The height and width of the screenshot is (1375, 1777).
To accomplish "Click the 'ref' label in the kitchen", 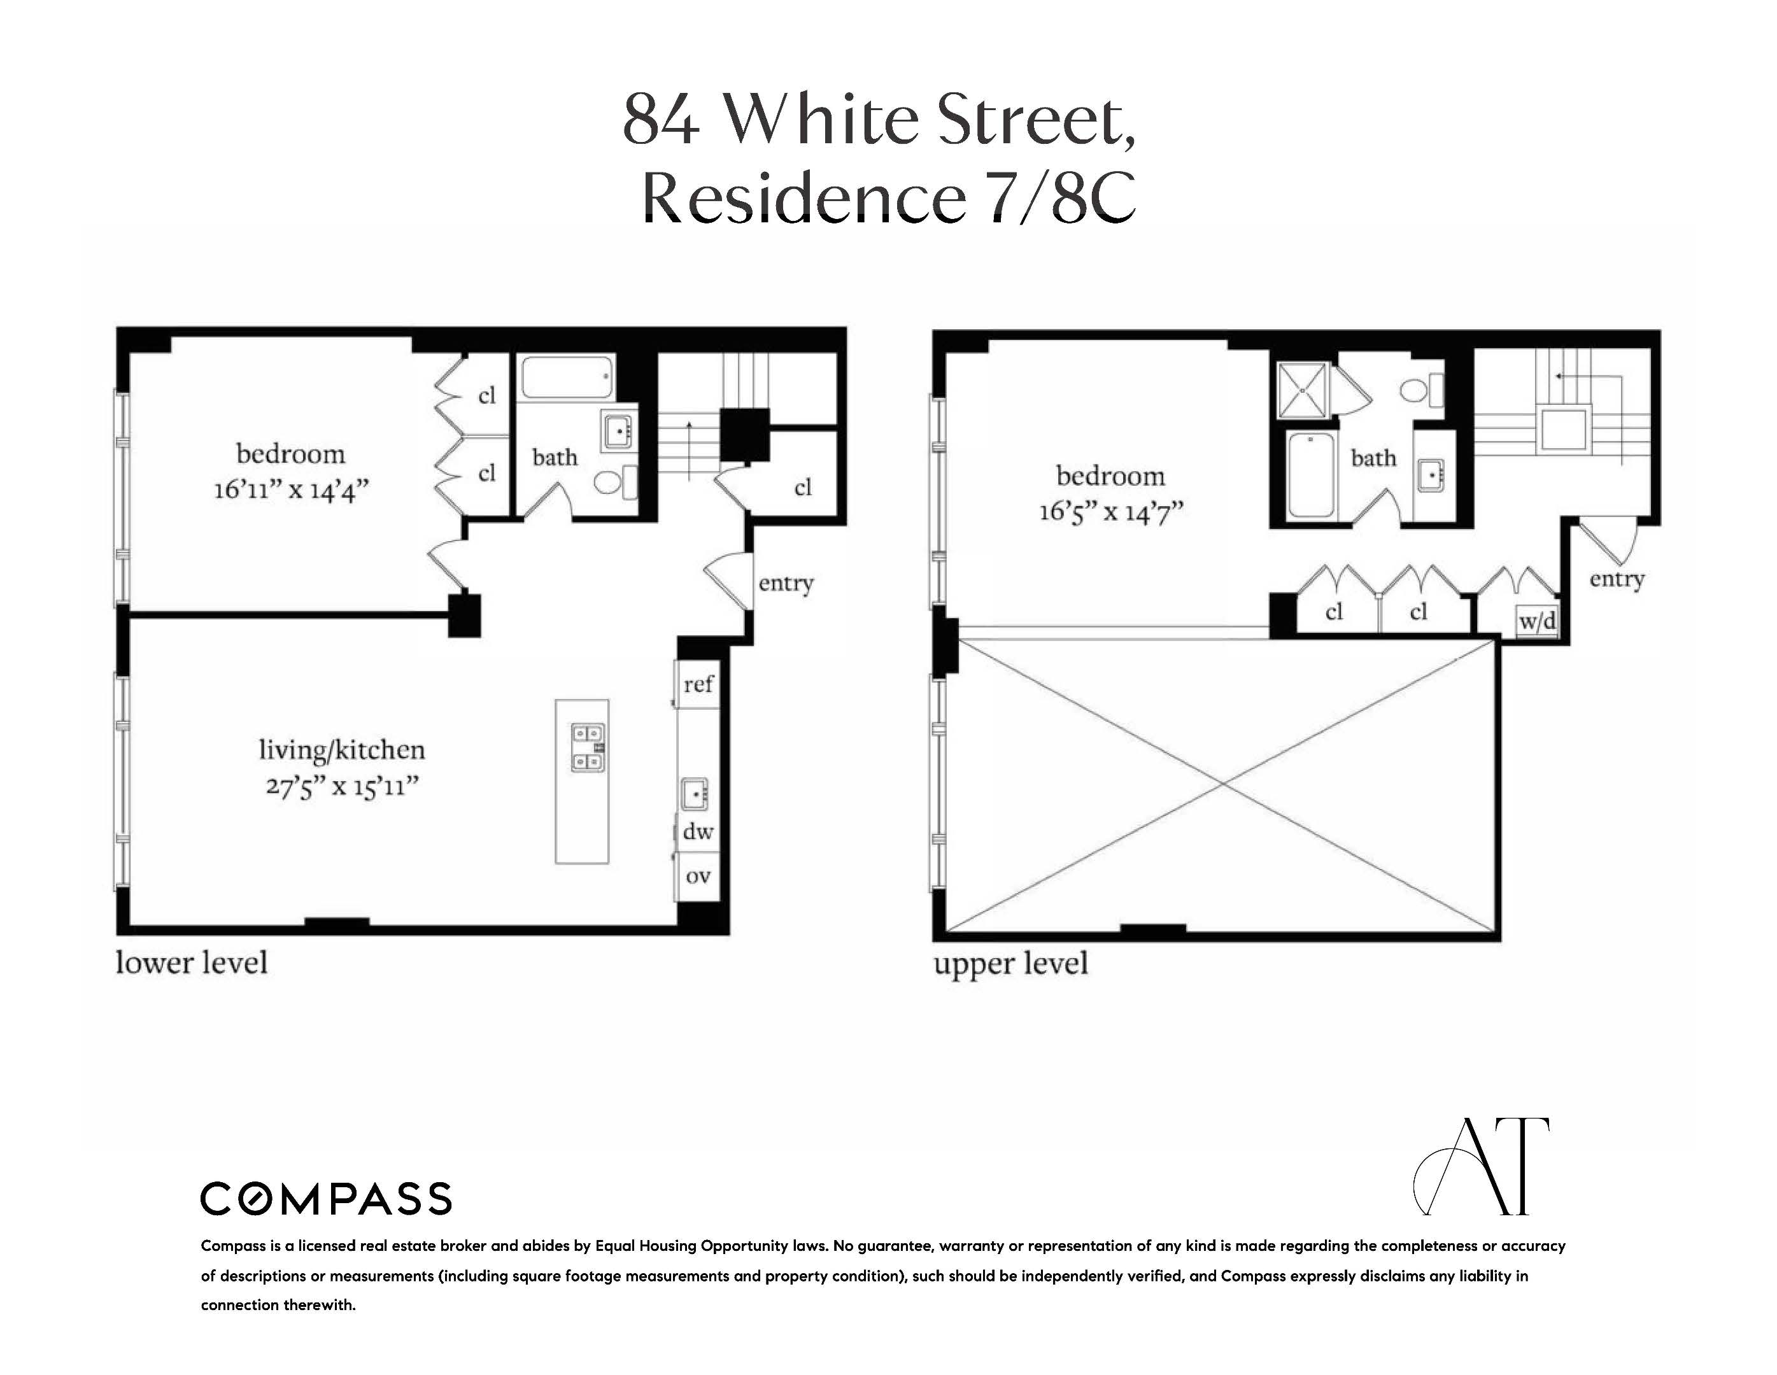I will tap(698, 684).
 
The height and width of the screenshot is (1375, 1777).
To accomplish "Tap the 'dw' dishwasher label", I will tap(698, 831).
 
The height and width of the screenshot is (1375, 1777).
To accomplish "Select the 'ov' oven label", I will tap(698, 877).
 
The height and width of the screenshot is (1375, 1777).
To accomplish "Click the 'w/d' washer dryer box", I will tap(1537, 621).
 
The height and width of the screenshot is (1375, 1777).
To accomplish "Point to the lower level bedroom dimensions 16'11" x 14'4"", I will tap(291, 491).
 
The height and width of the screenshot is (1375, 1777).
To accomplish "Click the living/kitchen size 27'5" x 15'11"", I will tap(342, 787).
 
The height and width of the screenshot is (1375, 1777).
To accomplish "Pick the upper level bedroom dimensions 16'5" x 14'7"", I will tap(1110, 512).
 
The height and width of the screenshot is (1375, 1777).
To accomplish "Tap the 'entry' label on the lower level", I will tap(785, 582).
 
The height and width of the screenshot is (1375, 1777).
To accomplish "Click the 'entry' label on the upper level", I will tap(1617, 579).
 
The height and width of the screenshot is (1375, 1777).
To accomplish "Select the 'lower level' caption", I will tap(191, 962).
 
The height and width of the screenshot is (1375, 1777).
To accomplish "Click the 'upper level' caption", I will tap(1010, 963).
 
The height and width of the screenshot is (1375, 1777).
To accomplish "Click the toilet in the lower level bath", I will tap(607, 483).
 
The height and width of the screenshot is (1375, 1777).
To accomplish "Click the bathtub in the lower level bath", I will tap(566, 377).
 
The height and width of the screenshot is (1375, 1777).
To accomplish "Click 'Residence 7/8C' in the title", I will tap(888, 198).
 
